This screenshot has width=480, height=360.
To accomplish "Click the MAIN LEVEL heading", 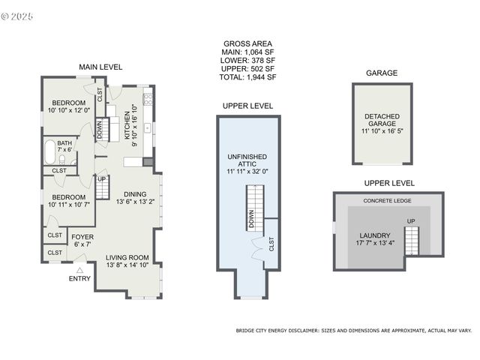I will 100,67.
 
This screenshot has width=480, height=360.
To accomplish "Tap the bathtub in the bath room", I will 50,151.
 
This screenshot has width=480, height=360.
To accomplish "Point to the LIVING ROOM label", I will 127,257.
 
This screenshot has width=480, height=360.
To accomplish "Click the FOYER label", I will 82,236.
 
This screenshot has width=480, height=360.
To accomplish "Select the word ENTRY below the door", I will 80,279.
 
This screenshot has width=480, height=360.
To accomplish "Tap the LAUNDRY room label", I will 373,235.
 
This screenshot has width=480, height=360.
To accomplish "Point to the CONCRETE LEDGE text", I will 388,201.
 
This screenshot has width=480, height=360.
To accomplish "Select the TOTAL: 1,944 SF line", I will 248,76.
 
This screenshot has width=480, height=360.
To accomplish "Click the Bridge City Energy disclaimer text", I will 354,330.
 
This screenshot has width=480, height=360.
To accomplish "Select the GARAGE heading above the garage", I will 381,73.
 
